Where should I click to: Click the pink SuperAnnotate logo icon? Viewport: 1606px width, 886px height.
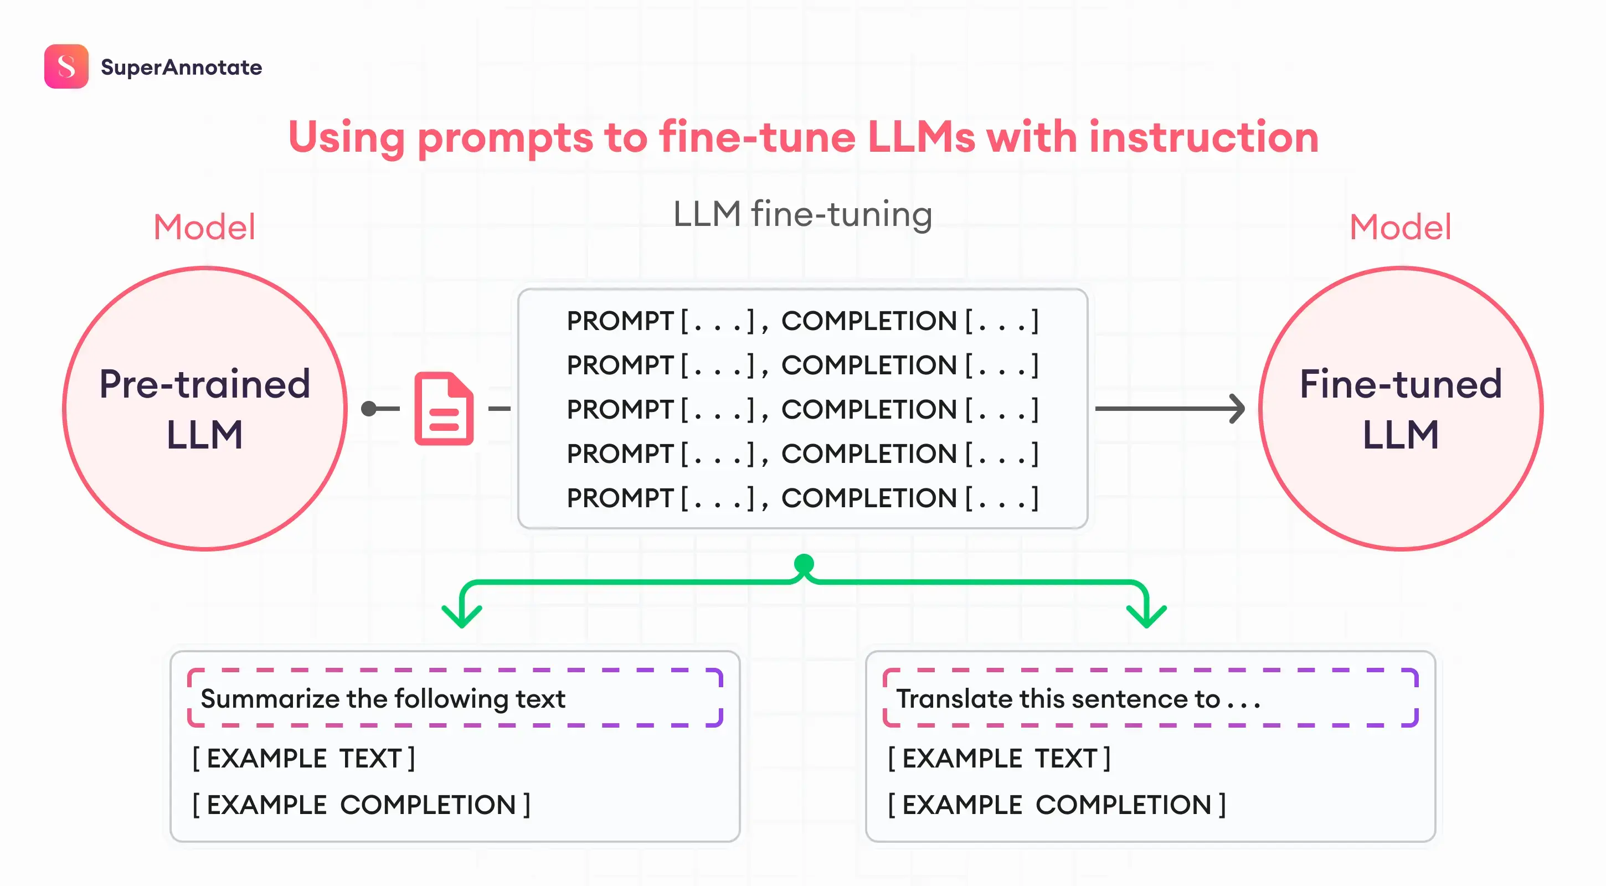coord(66,66)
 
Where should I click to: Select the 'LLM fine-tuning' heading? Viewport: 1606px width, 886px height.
coord(802,214)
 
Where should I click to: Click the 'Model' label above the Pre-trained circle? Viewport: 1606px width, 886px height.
coord(204,227)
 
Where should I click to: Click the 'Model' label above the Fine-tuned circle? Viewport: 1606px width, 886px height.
coord(1399,227)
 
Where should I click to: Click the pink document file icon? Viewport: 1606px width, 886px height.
coord(444,409)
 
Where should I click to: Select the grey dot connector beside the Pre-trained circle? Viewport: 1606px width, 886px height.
coord(369,409)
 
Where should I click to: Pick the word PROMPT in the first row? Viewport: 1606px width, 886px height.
coord(620,321)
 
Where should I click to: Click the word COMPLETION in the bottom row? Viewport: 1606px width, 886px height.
coord(868,498)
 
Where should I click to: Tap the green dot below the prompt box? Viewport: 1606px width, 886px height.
coord(804,564)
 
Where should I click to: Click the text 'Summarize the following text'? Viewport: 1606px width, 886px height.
coord(383,699)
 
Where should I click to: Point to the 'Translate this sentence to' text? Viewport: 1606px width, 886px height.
coord(1057,699)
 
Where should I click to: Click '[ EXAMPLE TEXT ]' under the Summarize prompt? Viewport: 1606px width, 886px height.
coord(303,759)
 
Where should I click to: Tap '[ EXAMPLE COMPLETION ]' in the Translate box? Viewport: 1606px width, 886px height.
coord(1057,805)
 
